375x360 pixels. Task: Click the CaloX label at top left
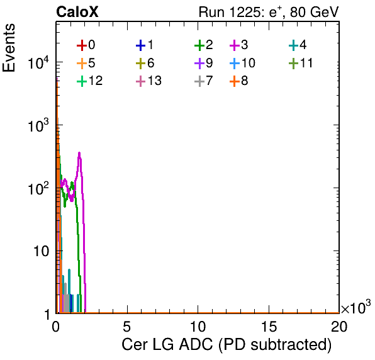pyautogui.click(x=77, y=12)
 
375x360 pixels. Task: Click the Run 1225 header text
pyautogui.click(x=269, y=12)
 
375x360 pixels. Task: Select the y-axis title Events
pyautogui.click(x=9, y=48)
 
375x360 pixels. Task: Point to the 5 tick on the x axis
pyautogui.click(x=126, y=326)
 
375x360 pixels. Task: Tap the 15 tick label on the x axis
pyautogui.click(x=269, y=326)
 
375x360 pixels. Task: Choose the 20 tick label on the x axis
pyautogui.click(x=339, y=326)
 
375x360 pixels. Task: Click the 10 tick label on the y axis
pyautogui.click(x=41, y=251)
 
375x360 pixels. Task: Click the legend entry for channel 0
pyautogui.click(x=86, y=45)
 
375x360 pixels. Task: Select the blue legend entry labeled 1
pyautogui.click(x=145, y=45)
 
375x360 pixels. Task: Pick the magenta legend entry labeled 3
pyautogui.click(x=238, y=45)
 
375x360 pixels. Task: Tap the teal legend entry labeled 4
pyautogui.click(x=298, y=45)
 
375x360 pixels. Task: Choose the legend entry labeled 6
pyautogui.click(x=145, y=63)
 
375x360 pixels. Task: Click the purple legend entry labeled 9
pyautogui.click(x=203, y=63)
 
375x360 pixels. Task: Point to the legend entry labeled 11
pyautogui.click(x=301, y=63)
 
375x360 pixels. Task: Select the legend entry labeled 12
pyautogui.click(x=90, y=81)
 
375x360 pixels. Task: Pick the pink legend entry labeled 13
pyautogui.click(x=148, y=81)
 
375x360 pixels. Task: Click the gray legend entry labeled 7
pyautogui.click(x=203, y=81)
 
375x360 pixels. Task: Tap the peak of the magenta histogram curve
pyautogui.click(x=79, y=153)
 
